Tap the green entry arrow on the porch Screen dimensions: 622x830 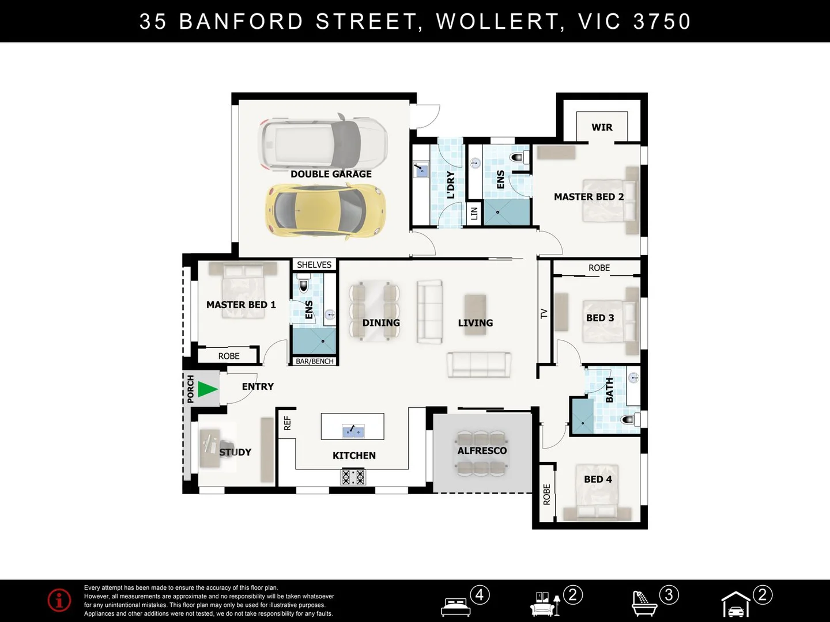point(207,389)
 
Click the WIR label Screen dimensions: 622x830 point(602,127)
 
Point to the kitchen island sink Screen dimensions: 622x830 point(352,430)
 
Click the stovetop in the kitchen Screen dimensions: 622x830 point(353,477)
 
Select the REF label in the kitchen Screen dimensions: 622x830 point(287,423)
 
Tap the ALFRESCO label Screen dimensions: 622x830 point(482,450)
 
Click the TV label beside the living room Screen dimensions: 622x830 point(544,313)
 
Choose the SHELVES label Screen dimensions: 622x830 point(314,265)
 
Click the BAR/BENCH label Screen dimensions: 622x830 point(315,361)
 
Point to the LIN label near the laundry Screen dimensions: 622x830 point(474,213)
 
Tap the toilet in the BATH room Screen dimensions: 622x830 point(629,419)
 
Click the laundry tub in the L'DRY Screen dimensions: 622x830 point(421,170)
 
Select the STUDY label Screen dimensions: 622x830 point(235,452)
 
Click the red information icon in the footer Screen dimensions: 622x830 point(59,600)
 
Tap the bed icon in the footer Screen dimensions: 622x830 point(455,606)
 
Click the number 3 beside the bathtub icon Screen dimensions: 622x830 point(669,594)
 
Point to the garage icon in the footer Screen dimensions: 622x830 point(736,605)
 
